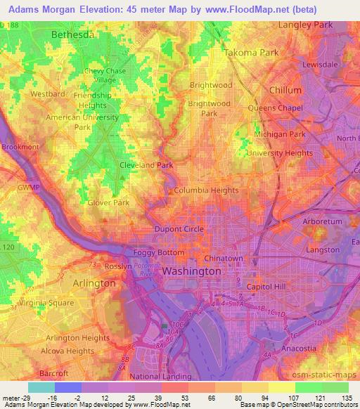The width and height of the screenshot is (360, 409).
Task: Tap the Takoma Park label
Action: click(251, 53)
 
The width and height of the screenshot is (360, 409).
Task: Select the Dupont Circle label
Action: click(179, 229)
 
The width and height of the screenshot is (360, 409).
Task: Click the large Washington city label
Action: click(191, 271)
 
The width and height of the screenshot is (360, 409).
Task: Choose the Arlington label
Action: click(94, 283)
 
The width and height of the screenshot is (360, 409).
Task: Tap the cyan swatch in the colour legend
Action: click(41, 387)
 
